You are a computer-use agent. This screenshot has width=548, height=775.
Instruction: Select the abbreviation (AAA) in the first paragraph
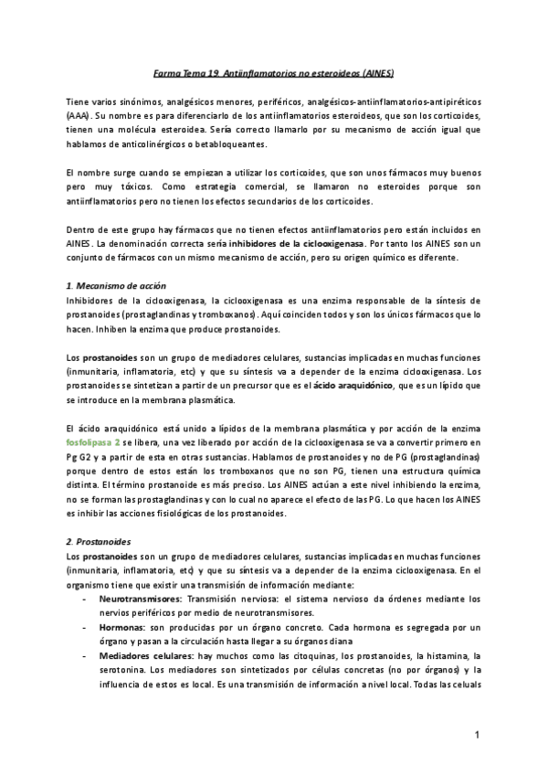(79, 118)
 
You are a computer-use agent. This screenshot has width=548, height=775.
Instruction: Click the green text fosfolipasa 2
(99, 441)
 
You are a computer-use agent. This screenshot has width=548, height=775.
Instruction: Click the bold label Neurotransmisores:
(140, 599)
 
